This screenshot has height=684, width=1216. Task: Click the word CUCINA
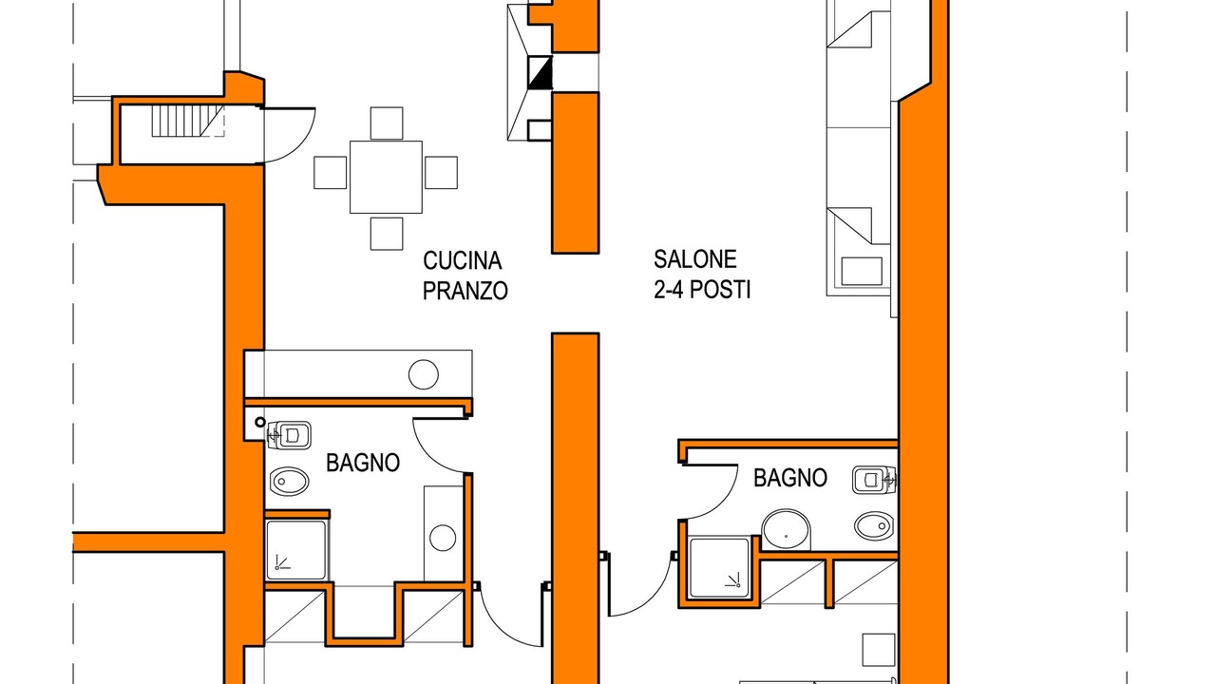(x=462, y=260)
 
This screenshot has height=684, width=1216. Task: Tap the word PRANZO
(x=465, y=291)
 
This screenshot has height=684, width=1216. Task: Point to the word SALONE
(x=694, y=259)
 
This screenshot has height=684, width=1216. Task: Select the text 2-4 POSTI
(x=702, y=290)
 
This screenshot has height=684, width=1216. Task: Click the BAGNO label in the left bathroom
(x=363, y=463)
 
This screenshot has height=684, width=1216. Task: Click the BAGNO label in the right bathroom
(x=790, y=478)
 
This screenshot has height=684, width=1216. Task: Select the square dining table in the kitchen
(x=386, y=177)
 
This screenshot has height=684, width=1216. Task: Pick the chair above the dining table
(x=387, y=123)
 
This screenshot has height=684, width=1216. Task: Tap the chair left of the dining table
(x=330, y=173)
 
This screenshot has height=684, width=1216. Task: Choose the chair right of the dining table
(x=441, y=173)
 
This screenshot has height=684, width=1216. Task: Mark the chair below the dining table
(x=387, y=234)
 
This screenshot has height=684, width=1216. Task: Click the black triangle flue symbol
(x=541, y=73)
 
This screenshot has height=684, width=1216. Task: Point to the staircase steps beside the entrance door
(x=187, y=121)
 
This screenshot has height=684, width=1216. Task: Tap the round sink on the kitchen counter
(x=424, y=374)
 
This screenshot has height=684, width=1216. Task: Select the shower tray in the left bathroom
(x=296, y=551)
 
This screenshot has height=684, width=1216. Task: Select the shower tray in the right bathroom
(x=719, y=568)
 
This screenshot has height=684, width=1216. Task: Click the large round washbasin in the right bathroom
(x=786, y=530)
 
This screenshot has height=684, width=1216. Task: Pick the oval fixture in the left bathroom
(x=290, y=481)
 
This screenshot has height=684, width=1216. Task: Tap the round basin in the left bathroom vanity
(x=443, y=538)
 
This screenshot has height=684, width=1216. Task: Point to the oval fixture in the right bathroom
(x=874, y=526)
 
